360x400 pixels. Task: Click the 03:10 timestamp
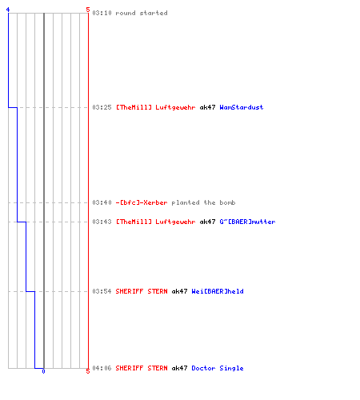click(102, 13)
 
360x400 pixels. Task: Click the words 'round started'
click(142, 13)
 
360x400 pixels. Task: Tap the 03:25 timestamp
click(102, 107)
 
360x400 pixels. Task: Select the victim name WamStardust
click(242, 107)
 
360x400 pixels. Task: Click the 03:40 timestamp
click(102, 202)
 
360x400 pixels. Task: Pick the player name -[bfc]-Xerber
click(142, 202)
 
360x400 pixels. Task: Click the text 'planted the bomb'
click(203, 202)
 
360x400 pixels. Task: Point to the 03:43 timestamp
click(102, 222)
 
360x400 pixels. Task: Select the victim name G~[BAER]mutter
click(247, 222)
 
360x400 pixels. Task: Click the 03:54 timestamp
click(102, 291)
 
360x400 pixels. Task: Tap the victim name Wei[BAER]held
click(218, 291)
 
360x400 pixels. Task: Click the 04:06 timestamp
click(102, 368)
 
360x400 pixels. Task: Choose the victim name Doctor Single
click(218, 368)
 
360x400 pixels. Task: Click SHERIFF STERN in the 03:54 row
click(142, 291)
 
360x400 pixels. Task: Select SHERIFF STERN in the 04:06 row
click(142, 368)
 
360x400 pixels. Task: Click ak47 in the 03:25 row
click(207, 107)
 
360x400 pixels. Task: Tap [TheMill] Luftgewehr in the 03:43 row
click(155, 222)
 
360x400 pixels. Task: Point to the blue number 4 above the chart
click(8, 10)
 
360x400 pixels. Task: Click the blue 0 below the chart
click(43, 371)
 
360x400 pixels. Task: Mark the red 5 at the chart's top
click(88, 10)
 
